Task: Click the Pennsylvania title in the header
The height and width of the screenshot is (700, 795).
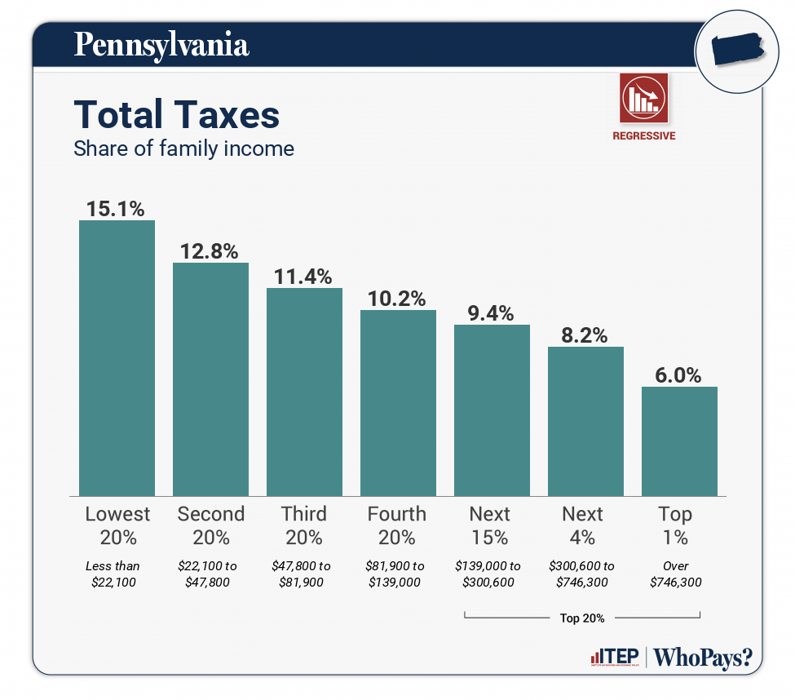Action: (161, 44)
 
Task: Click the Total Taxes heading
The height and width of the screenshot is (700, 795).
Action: (176, 115)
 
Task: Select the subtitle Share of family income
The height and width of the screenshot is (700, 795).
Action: (183, 148)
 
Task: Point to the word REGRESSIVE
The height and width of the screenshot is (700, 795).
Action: (643, 136)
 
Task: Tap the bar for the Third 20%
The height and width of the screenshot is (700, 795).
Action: (304, 392)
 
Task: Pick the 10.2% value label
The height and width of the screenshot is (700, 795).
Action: (397, 299)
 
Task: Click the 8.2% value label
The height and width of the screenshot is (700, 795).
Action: (585, 334)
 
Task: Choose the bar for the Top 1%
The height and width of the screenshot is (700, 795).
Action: (679, 441)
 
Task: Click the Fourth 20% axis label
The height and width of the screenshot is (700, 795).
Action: (397, 525)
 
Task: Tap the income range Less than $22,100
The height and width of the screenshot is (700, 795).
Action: (113, 574)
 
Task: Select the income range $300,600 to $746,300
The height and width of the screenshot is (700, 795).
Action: (582, 574)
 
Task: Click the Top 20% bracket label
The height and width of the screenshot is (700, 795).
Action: (582, 618)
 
